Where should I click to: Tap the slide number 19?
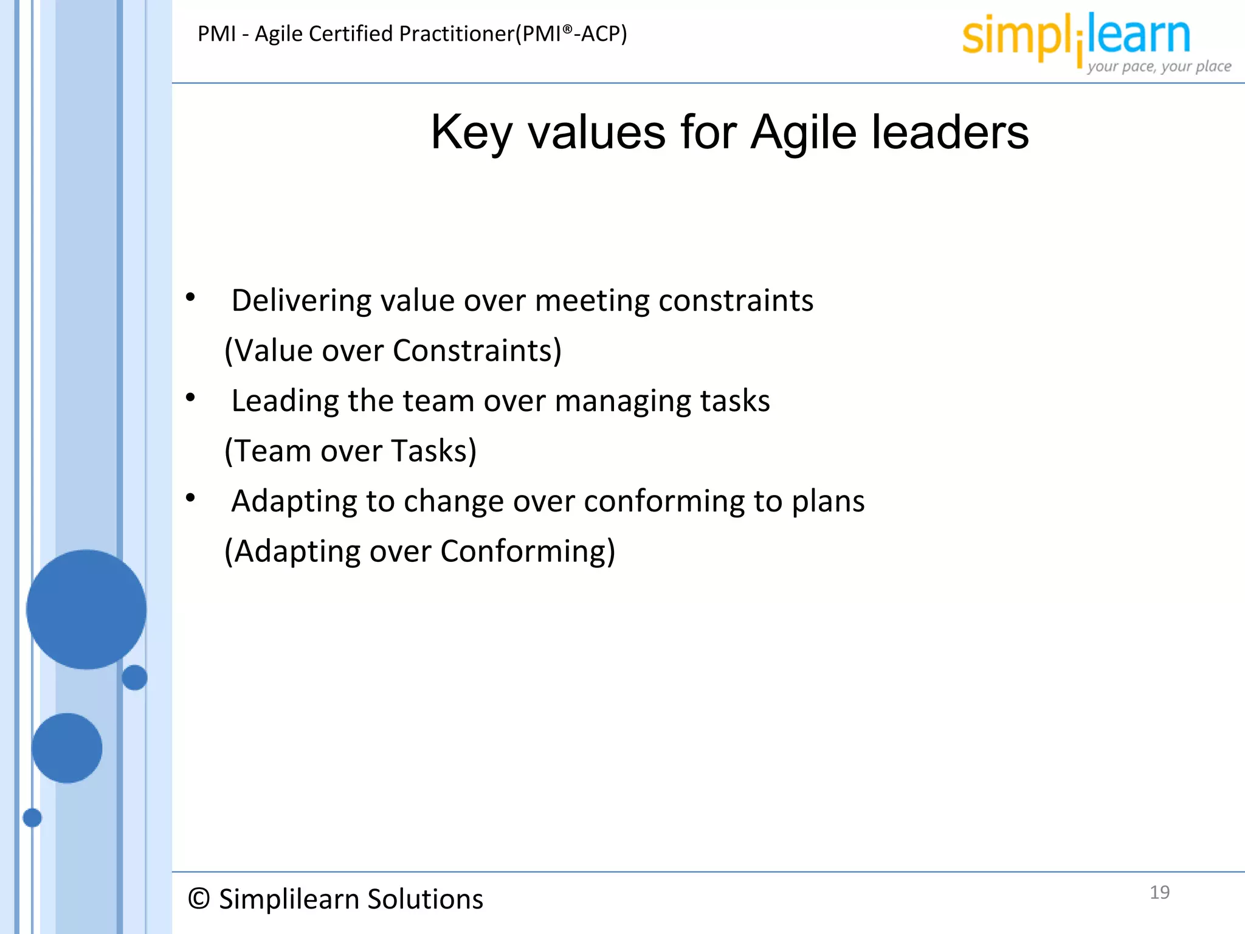coord(1159,892)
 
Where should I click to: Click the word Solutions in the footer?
coord(425,899)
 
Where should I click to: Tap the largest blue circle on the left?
coord(86,609)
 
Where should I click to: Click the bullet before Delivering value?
coord(190,297)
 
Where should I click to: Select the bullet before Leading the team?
coord(190,398)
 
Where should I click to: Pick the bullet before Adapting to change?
coord(190,498)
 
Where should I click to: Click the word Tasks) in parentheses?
coord(434,451)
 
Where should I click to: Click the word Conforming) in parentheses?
coord(528,552)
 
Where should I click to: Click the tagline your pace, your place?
coord(1159,66)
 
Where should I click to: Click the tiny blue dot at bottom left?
coord(32,818)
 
